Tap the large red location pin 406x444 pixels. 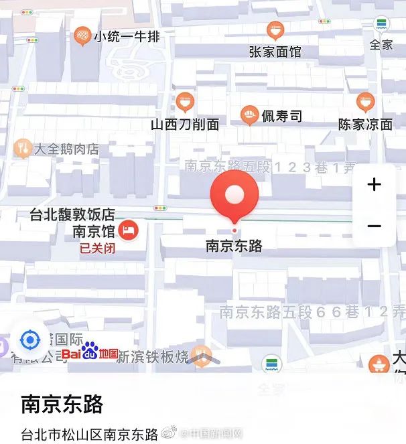tap(234, 196)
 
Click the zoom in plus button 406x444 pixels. tap(375, 185)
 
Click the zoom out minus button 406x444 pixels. tap(375, 226)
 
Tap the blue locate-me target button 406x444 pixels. tap(30, 340)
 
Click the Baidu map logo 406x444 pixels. tap(90, 354)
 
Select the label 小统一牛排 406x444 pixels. tap(127, 37)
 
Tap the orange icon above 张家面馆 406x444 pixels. tap(275, 30)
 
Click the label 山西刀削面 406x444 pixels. tap(185, 124)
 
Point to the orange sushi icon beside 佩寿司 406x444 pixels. tap(250, 116)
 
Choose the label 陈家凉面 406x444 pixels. tap(365, 124)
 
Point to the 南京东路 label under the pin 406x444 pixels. tap(234, 245)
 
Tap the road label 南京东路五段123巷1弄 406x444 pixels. tap(271, 167)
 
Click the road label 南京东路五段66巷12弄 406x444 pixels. tap(312, 311)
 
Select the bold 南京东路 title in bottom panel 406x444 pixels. tap(62, 404)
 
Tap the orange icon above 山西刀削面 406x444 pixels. tap(185, 102)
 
